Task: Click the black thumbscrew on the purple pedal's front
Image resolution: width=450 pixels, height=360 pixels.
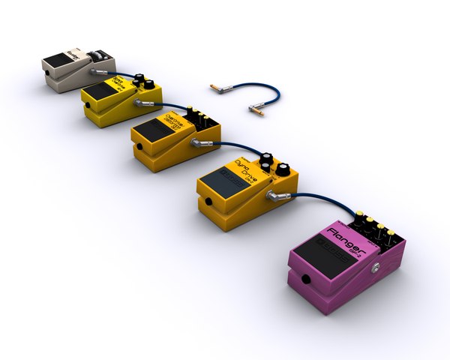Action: click(x=306, y=281)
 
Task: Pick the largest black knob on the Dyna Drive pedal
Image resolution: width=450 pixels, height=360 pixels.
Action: click(x=283, y=169)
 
